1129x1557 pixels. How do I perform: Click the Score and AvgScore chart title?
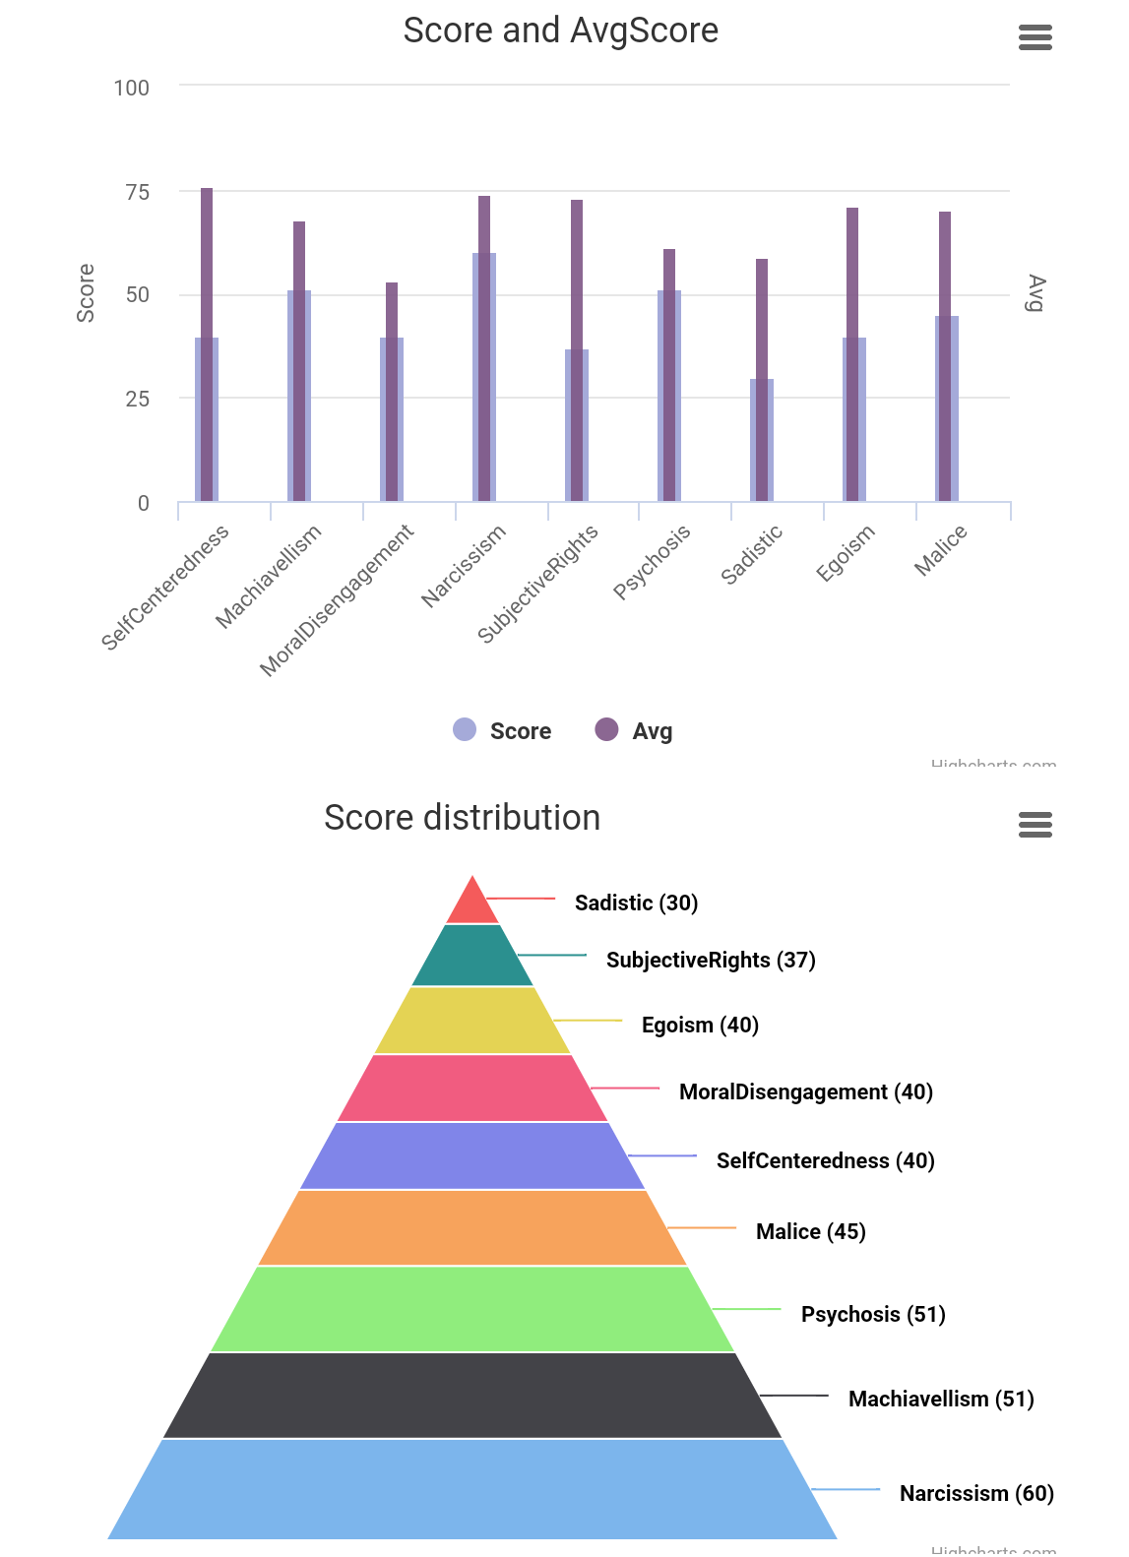(x=560, y=31)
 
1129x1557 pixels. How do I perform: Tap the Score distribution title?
(x=462, y=818)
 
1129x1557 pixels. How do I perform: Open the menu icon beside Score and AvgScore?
(x=1035, y=37)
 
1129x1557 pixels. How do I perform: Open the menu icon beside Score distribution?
(x=1035, y=824)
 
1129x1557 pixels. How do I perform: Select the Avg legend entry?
(x=635, y=730)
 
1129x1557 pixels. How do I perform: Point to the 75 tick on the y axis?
(x=137, y=192)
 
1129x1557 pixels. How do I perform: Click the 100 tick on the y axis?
(x=131, y=88)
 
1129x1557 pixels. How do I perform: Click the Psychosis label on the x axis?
(x=652, y=561)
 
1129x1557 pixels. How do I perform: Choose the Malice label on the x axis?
(x=941, y=549)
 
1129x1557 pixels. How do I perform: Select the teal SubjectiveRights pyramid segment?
(x=472, y=956)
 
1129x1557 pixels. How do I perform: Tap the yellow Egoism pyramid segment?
(x=472, y=1021)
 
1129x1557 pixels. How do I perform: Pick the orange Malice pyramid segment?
(x=472, y=1228)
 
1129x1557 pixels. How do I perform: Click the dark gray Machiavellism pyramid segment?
(x=472, y=1396)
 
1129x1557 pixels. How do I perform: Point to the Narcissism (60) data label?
(x=976, y=1493)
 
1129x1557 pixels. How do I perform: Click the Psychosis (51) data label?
(x=873, y=1314)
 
